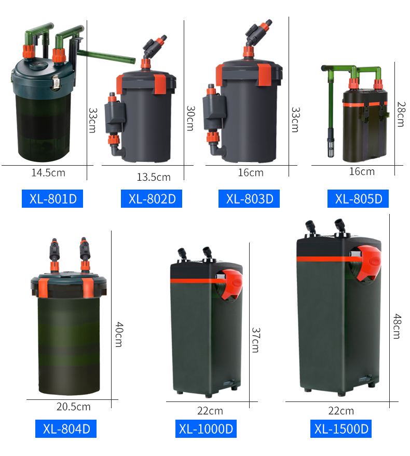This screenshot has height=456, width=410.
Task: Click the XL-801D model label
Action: pyautogui.click(x=52, y=198)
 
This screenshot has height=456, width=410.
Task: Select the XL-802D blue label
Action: pyautogui.click(x=152, y=198)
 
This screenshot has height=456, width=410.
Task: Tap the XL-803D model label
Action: pyautogui.click(x=249, y=198)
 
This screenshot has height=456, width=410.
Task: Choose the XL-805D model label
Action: pyautogui.click(x=358, y=198)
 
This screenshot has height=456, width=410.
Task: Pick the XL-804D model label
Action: pyautogui.click(x=66, y=428)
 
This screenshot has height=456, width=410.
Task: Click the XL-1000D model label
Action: pyautogui.click(x=206, y=428)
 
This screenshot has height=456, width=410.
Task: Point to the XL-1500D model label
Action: pyautogui.click(x=341, y=428)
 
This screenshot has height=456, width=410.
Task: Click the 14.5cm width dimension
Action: pyautogui.click(x=48, y=173)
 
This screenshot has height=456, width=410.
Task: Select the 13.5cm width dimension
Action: pyautogui.click(x=154, y=177)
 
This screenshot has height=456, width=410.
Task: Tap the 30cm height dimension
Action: pyautogui.click(x=190, y=118)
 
